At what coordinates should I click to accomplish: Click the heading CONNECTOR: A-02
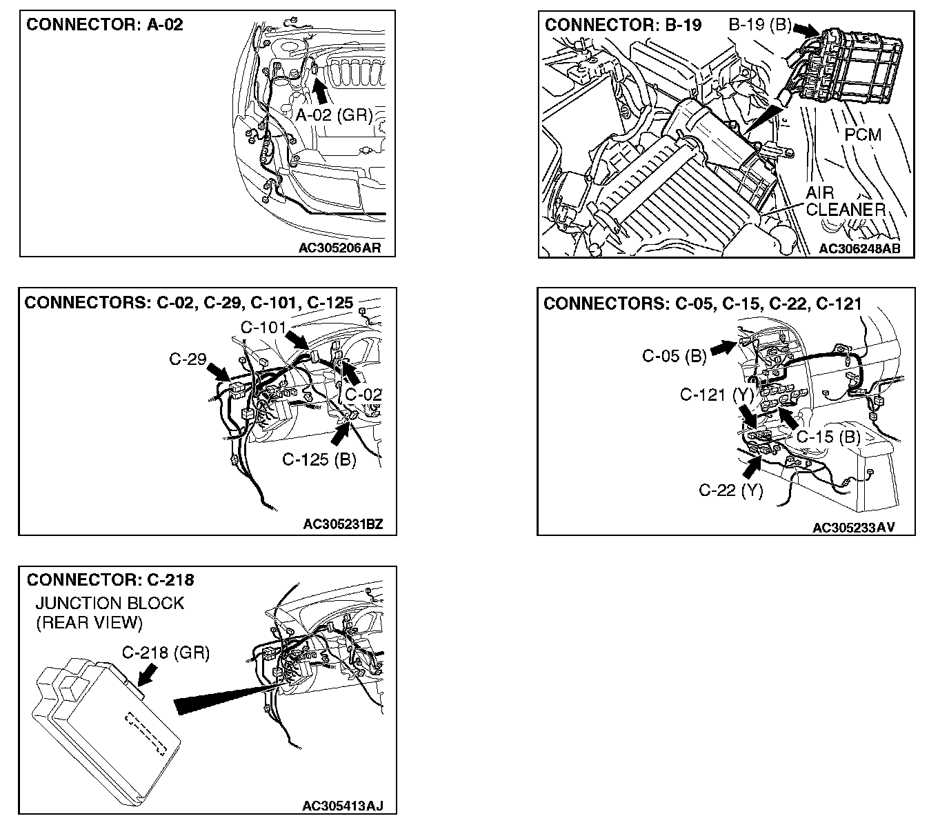105,26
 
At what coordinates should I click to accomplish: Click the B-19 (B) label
760,26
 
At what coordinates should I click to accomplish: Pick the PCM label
863,135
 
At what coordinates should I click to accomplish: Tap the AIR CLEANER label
845,201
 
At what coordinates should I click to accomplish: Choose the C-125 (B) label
319,459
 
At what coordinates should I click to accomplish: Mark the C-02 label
363,395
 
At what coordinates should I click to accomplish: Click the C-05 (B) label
674,356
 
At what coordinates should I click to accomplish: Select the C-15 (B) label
828,437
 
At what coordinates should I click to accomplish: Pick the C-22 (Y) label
730,490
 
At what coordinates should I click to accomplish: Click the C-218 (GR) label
166,652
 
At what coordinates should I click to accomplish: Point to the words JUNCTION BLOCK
110,603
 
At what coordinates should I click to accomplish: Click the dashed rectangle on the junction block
146,732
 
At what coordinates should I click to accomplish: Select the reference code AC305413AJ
342,806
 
